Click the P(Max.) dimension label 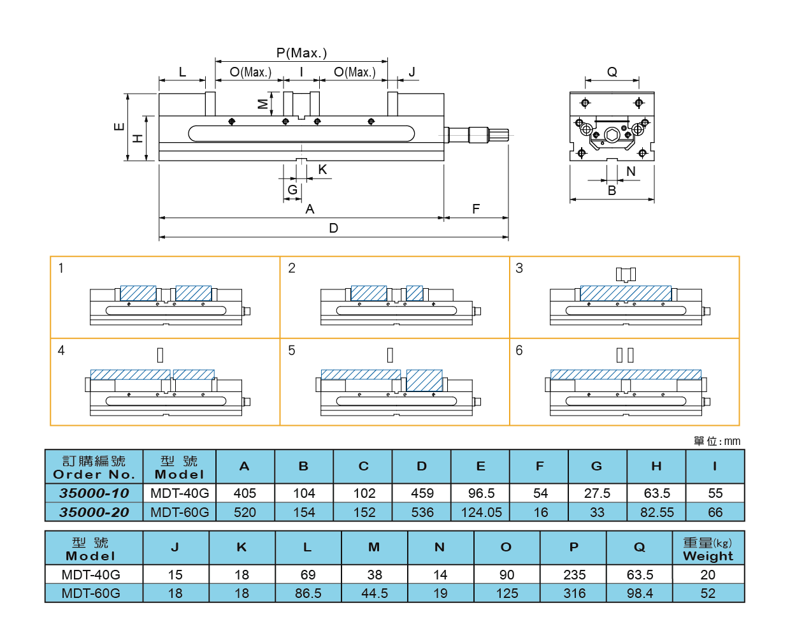click(x=301, y=53)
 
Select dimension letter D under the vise click(x=333, y=228)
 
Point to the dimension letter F click(x=476, y=209)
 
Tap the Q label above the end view click(x=612, y=72)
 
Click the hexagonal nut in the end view click(x=612, y=135)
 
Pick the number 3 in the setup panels click(x=519, y=268)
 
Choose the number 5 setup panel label click(x=292, y=351)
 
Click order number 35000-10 click(x=94, y=493)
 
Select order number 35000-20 click(x=94, y=513)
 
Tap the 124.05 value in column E click(x=481, y=513)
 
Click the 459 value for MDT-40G click(x=422, y=493)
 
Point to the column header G click(x=597, y=466)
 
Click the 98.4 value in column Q click(x=640, y=593)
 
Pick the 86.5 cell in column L click(x=308, y=593)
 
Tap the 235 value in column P click(x=574, y=575)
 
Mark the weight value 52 click(x=708, y=593)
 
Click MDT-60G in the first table click(x=180, y=513)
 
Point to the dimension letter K click(x=322, y=170)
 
